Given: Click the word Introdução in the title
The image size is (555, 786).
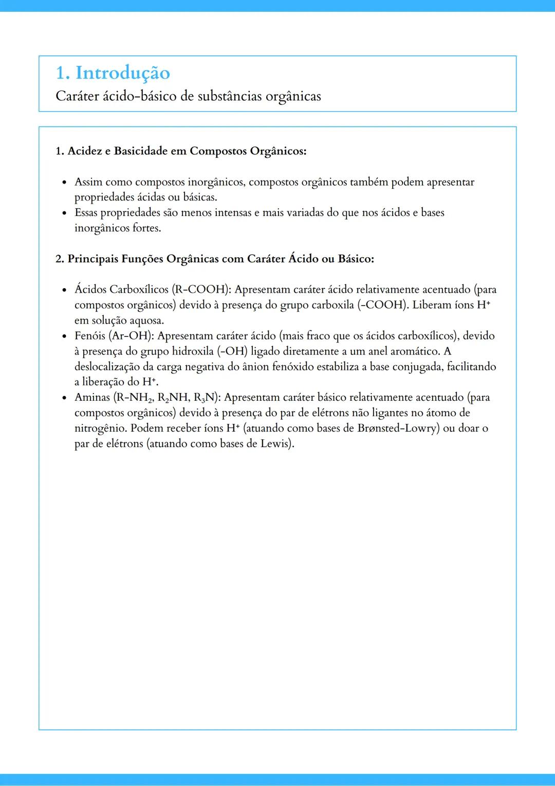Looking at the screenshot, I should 123,73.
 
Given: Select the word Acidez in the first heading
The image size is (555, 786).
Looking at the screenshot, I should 85,151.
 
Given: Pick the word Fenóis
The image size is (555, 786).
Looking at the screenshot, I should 90,336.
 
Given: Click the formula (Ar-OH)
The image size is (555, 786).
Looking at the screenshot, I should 131,336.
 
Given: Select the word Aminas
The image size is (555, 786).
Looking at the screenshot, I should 92,398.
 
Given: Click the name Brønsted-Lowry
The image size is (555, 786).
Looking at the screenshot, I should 398,428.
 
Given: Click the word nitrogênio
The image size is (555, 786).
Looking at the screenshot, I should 101,428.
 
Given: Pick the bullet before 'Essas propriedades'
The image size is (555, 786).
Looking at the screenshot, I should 64,213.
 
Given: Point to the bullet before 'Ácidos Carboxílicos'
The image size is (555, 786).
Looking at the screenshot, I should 64,290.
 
